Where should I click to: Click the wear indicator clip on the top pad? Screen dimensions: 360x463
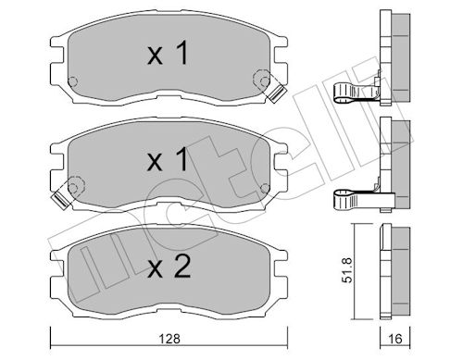(x=275, y=91)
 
